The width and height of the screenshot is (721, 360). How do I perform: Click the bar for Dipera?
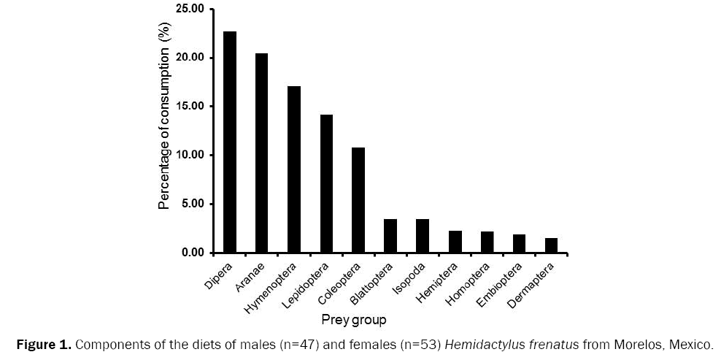(x=230, y=142)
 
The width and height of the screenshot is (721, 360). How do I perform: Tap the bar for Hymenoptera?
(x=294, y=169)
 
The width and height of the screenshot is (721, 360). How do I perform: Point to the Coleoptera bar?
(x=358, y=200)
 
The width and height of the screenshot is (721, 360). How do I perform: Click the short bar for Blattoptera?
(x=390, y=236)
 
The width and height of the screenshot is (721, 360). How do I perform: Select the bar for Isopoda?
(x=423, y=236)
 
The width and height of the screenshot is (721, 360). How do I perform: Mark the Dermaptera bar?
(x=551, y=245)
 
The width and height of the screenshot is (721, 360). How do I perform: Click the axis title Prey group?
(x=354, y=320)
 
